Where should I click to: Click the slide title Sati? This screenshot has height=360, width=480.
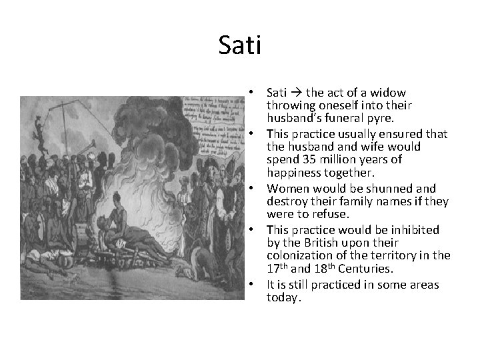240,46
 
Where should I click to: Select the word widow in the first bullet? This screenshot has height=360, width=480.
391,93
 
